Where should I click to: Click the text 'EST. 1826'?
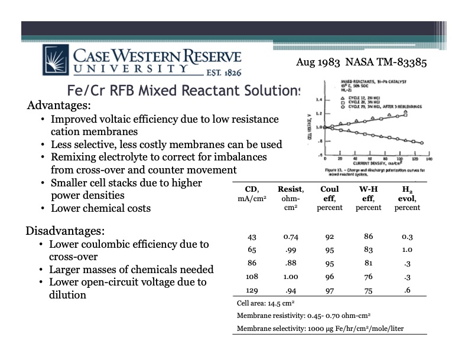click(x=220, y=74)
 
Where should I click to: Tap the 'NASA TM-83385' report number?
click(x=386, y=61)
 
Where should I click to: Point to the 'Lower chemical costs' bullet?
click(x=101, y=208)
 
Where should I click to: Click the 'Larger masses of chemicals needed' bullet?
click(x=131, y=270)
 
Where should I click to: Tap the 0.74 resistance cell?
click(x=290, y=237)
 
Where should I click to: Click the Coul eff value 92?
click(x=330, y=237)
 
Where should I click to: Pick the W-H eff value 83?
click(x=369, y=250)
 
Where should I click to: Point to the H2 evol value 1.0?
click(x=407, y=250)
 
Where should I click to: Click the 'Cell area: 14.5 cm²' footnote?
click(x=265, y=304)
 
